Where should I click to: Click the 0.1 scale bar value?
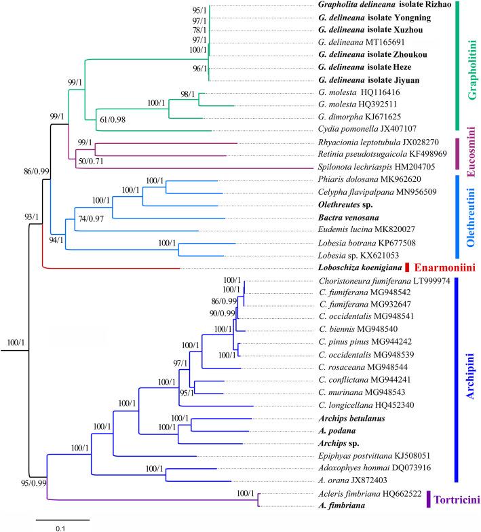point(62,526)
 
